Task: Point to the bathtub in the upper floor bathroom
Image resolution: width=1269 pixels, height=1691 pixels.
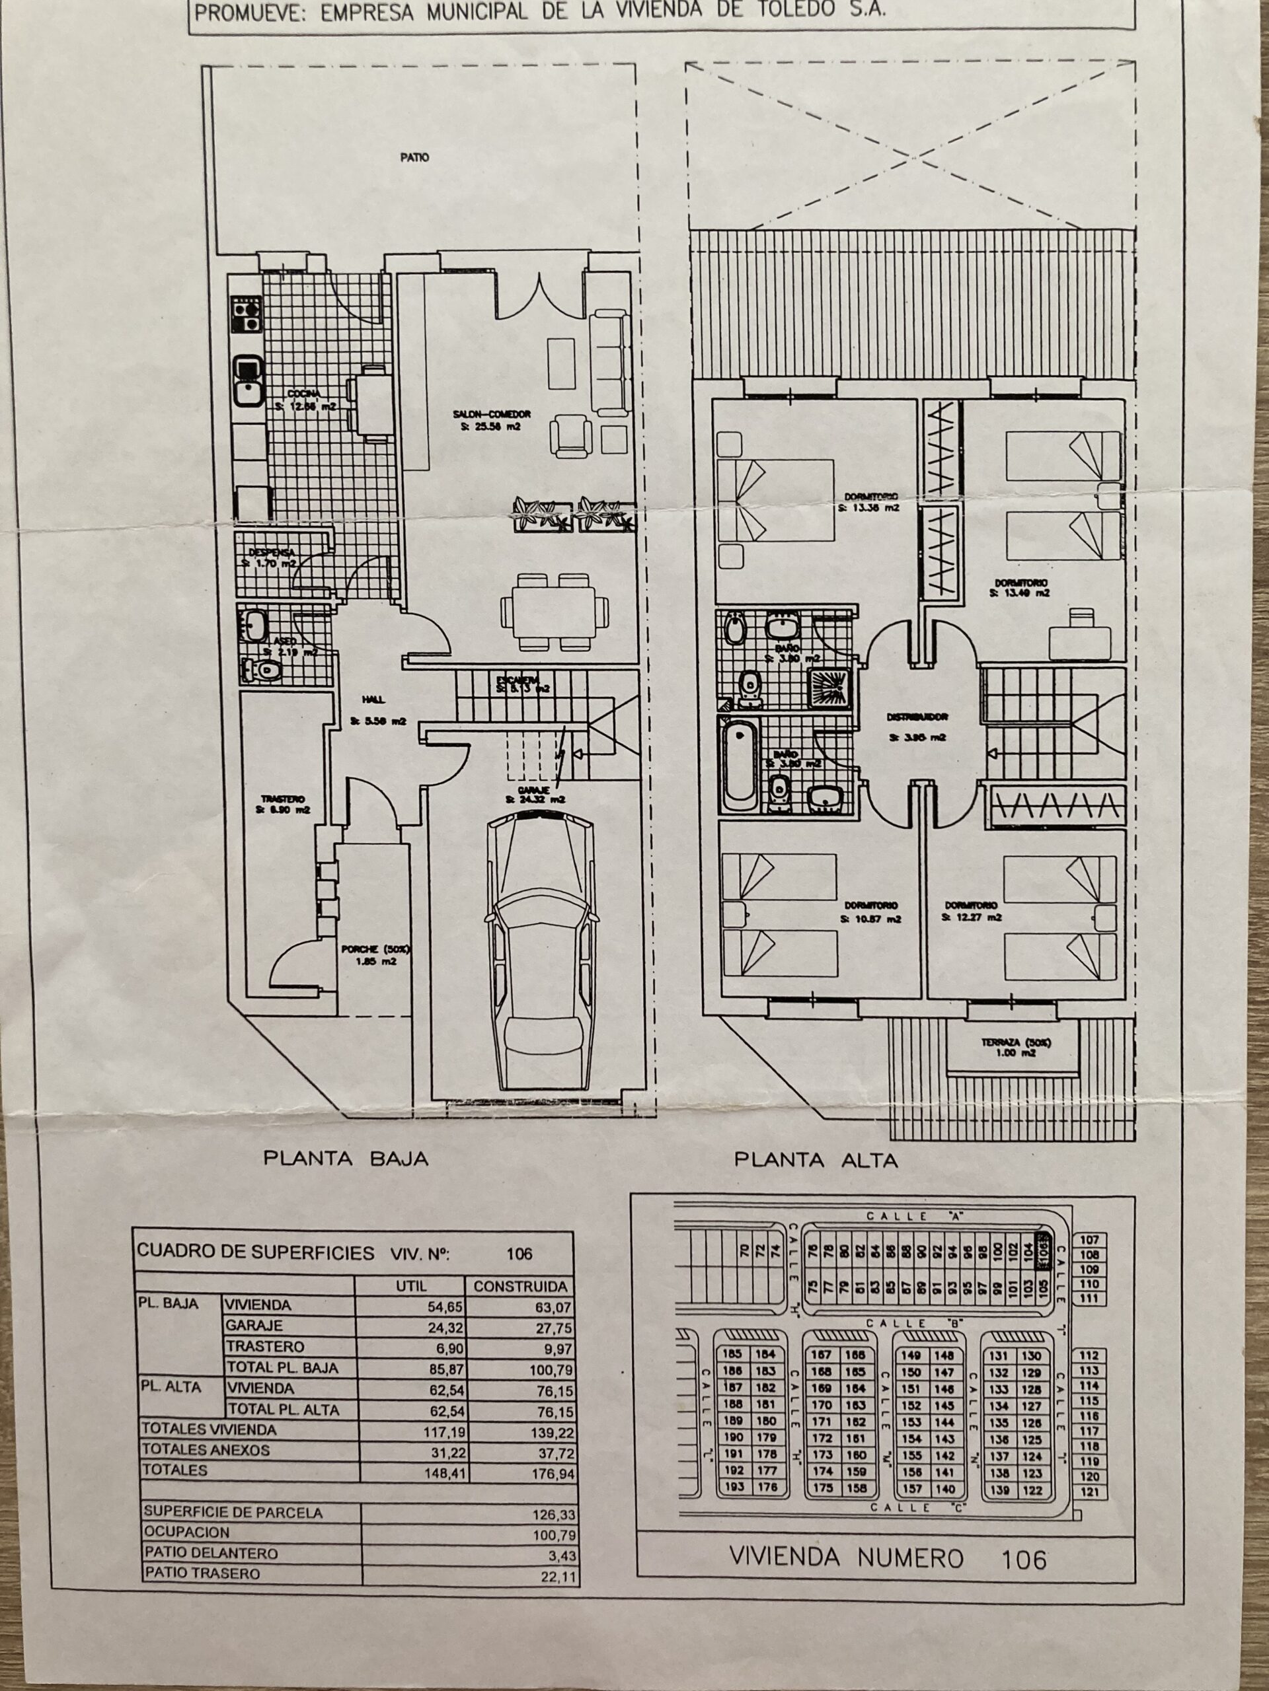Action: coord(740,764)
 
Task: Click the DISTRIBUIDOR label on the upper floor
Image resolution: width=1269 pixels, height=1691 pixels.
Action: coord(918,718)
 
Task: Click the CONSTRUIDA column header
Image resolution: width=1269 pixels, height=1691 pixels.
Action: coord(520,1287)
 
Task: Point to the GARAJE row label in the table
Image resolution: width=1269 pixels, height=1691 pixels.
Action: coord(253,1326)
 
